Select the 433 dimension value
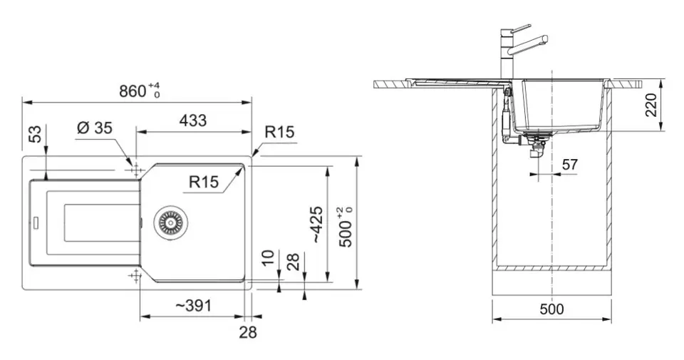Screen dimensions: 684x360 click(x=193, y=120)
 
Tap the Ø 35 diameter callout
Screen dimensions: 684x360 click(x=95, y=128)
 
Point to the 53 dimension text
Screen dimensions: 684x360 click(x=36, y=134)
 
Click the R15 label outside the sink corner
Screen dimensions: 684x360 click(x=279, y=132)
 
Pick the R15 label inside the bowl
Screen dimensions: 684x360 click(x=204, y=182)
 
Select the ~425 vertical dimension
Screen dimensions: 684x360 click(x=318, y=225)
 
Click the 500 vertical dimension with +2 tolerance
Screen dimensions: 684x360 click(x=347, y=227)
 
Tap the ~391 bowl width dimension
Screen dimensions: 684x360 click(x=193, y=305)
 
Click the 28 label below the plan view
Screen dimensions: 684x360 click(x=248, y=332)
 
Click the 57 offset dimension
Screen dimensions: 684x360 click(x=570, y=165)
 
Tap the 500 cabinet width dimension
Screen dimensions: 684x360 click(x=551, y=309)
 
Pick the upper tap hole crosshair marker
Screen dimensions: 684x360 click(x=135, y=170)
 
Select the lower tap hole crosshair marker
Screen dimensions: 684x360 click(x=135, y=275)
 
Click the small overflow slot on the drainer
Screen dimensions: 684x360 click(x=36, y=222)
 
